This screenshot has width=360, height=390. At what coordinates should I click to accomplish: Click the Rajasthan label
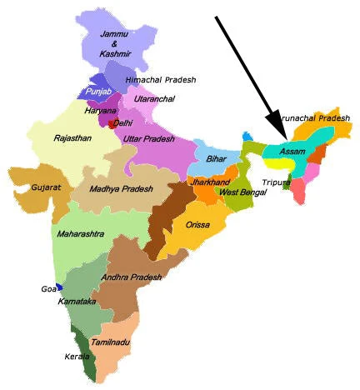[x=72, y=138]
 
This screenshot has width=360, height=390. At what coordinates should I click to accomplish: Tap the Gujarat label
[x=47, y=188]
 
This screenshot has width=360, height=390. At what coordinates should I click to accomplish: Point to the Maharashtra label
[x=81, y=234]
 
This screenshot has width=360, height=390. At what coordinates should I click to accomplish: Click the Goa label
[x=47, y=288]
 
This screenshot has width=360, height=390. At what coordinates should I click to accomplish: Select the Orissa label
[x=198, y=225]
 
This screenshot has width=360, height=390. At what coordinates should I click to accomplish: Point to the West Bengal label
[x=243, y=193]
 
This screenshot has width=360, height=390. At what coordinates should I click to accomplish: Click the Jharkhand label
[x=209, y=181]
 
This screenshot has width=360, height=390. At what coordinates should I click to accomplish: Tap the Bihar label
[x=217, y=158]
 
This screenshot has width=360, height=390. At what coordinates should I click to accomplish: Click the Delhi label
[x=122, y=122]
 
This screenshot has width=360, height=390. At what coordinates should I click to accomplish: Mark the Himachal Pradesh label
[x=161, y=80]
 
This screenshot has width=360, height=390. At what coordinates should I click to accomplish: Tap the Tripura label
[x=274, y=182]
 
